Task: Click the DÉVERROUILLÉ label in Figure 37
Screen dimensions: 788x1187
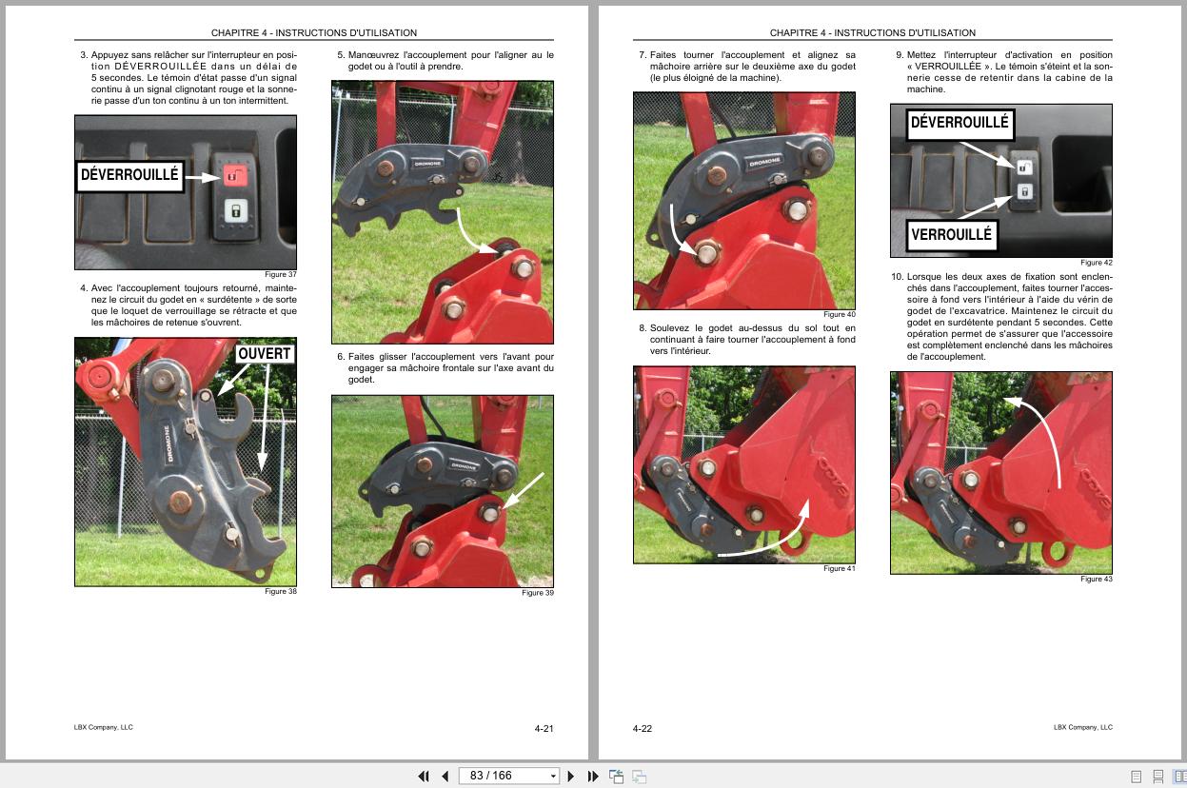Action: [129, 176]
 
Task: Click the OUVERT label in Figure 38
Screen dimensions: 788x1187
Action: [265, 354]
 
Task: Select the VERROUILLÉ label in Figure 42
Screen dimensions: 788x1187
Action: [951, 235]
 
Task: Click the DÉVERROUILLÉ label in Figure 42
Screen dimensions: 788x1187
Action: [959, 123]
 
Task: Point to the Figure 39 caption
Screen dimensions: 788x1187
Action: [537, 593]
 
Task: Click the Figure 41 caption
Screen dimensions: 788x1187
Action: [839, 569]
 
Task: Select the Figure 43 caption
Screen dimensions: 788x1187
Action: [1096, 580]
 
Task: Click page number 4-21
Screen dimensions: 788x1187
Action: [544, 729]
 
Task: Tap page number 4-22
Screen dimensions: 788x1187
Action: [643, 729]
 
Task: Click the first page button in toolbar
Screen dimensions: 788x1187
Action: [424, 776]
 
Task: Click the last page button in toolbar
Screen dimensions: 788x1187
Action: [592, 776]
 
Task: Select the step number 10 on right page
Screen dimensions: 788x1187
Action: [896, 277]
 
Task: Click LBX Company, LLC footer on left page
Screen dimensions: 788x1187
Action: [104, 728]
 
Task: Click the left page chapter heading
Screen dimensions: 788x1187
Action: [314, 33]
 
